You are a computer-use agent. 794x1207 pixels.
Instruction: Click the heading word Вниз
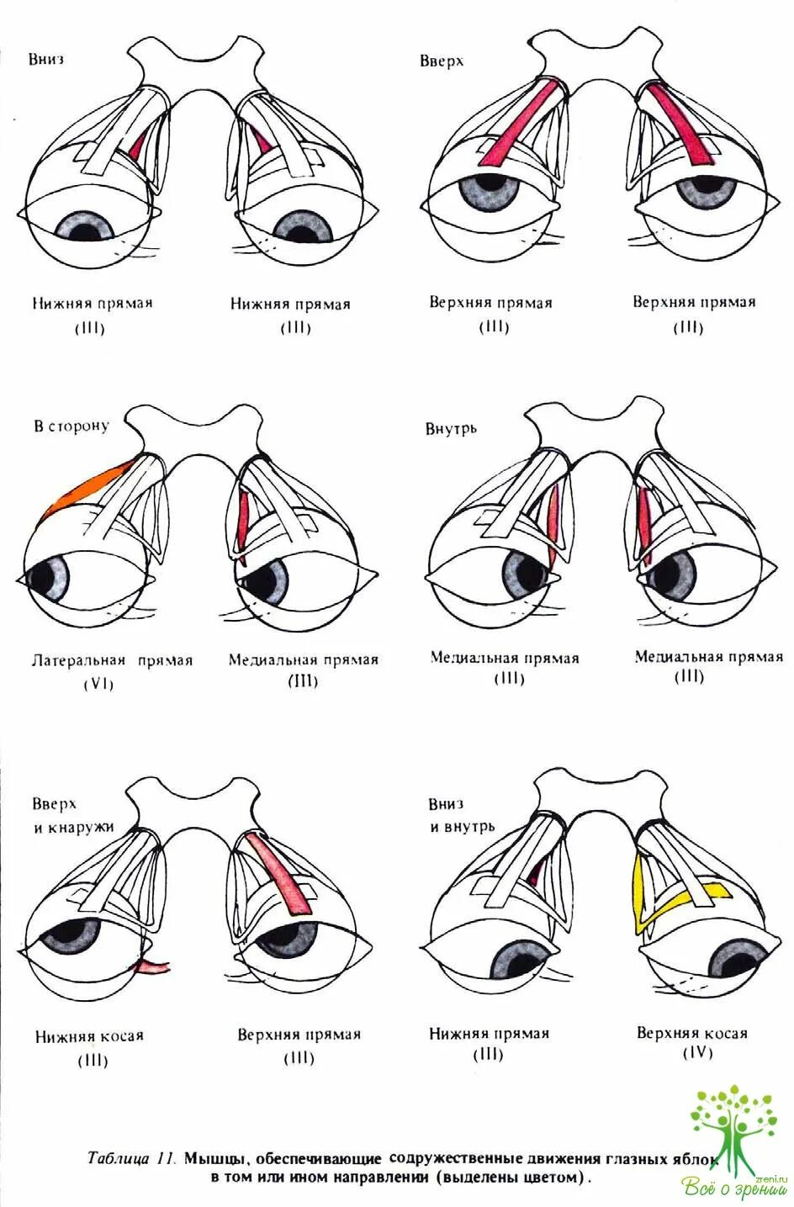(46, 59)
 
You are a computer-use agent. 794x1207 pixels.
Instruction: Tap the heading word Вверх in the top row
(442, 61)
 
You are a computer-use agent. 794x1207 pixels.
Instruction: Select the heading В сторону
(71, 426)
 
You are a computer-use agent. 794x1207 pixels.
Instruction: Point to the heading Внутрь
(451, 428)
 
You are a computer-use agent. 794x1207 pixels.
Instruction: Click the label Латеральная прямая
(113, 660)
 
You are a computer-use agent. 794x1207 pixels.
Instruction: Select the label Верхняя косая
(691, 1033)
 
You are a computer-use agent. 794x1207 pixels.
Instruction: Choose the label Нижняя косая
(89, 1036)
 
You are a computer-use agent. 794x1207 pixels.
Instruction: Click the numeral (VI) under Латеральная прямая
(98, 684)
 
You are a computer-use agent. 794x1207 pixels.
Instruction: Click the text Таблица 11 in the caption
(130, 1158)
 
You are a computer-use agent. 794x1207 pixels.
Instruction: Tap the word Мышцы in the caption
(210, 1158)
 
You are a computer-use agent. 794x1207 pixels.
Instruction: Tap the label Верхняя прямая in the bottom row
(299, 1035)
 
